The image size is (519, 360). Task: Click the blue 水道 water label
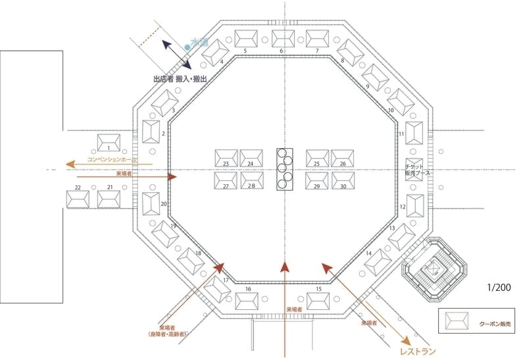point(199,43)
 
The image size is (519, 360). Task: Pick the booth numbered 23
point(226,158)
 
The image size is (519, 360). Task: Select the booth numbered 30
point(343,179)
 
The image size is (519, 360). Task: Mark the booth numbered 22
point(78,198)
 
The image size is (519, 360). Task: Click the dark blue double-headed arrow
point(178,55)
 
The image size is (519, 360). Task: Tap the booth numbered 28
point(251,179)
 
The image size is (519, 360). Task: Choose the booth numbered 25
point(317,158)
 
